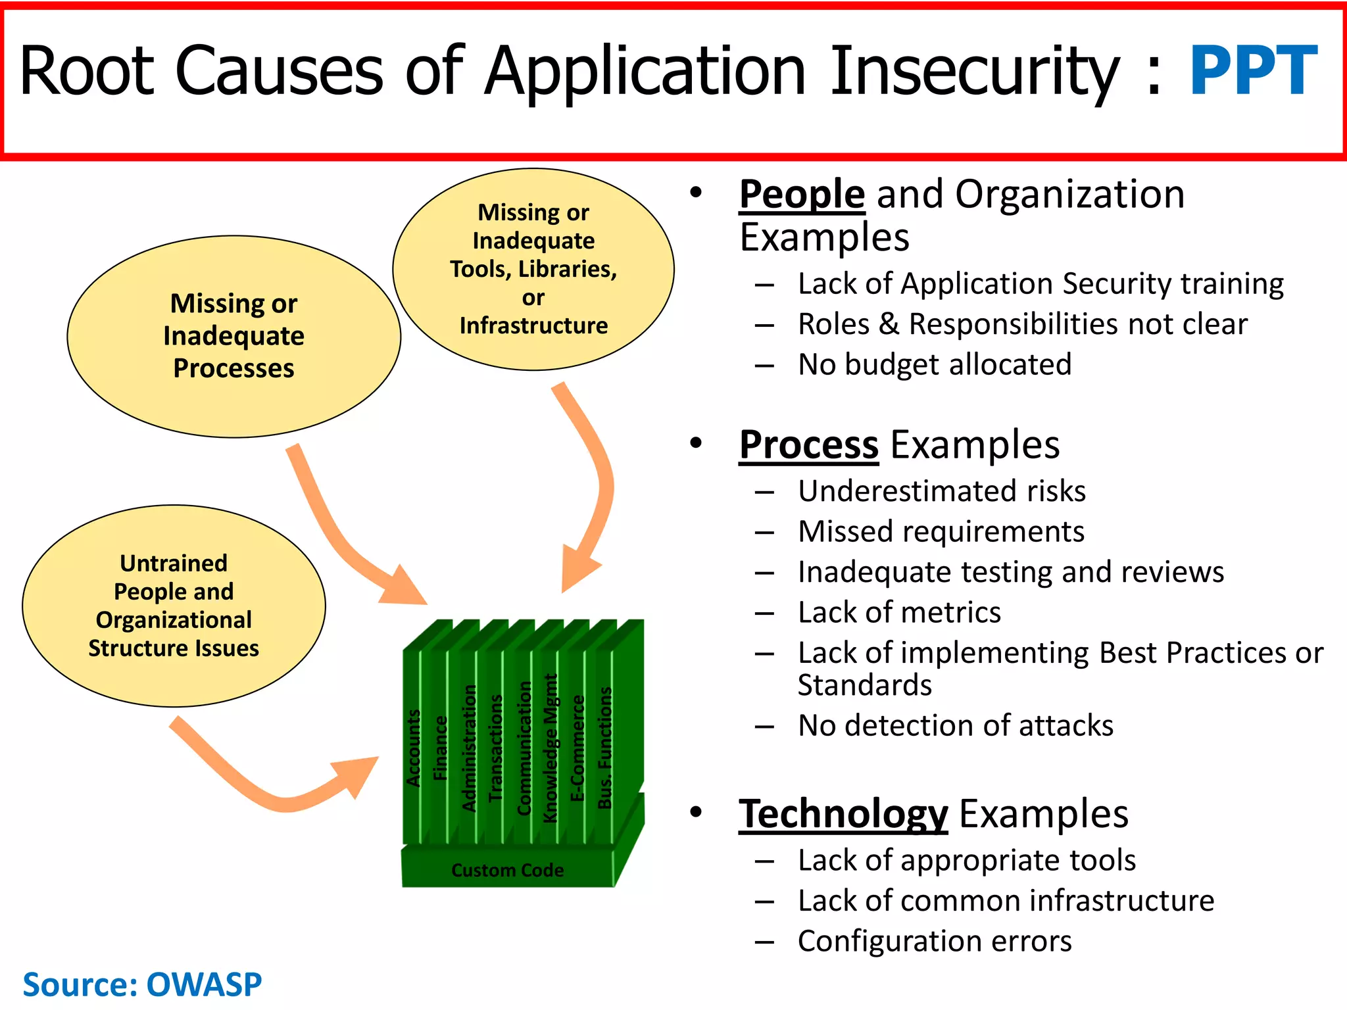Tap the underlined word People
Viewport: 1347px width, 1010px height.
[801, 195]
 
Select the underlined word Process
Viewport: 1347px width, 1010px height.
[808, 445]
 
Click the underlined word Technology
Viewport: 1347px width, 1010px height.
[843, 814]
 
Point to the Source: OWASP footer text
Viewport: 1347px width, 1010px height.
[142, 984]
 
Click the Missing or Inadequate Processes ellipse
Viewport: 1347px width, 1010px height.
[233, 336]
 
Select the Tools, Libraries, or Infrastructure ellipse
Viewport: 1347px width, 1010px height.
[533, 269]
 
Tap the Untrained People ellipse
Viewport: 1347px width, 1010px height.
[174, 606]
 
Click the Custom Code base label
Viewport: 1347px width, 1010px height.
[507, 870]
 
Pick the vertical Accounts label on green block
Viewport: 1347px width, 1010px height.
[413, 748]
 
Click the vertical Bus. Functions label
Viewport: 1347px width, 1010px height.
[604, 748]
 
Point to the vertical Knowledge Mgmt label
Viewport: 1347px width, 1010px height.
[550, 748]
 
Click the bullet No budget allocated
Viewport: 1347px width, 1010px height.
[934, 364]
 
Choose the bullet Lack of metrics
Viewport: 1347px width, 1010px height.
[898, 613]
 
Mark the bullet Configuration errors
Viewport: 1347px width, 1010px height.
[934, 941]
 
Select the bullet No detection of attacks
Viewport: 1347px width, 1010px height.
[955, 726]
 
